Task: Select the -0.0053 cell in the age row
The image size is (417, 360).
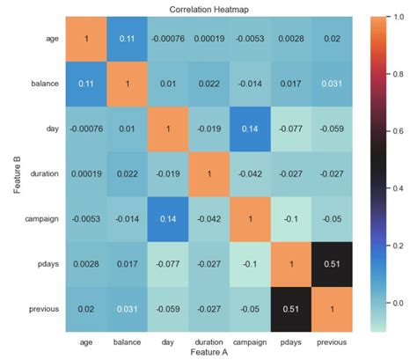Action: click(212, 39)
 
